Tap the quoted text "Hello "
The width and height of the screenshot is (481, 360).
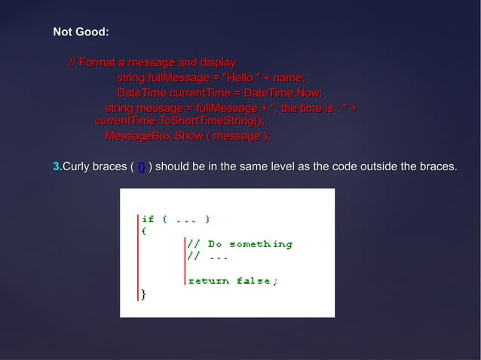(x=237, y=78)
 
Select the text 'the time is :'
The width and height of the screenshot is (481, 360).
(x=311, y=111)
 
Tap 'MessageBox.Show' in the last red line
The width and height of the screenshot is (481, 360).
(x=147, y=136)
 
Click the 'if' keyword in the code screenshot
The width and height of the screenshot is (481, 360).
(x=149, y=219)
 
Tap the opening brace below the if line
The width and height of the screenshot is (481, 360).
(x=144, y=231)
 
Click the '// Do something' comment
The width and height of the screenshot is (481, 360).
(x=240, y=244)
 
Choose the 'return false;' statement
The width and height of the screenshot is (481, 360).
(x=232, y=281)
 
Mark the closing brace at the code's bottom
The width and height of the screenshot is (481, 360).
(x=144, y=294)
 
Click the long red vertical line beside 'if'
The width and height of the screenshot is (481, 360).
(x=138, y=256)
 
